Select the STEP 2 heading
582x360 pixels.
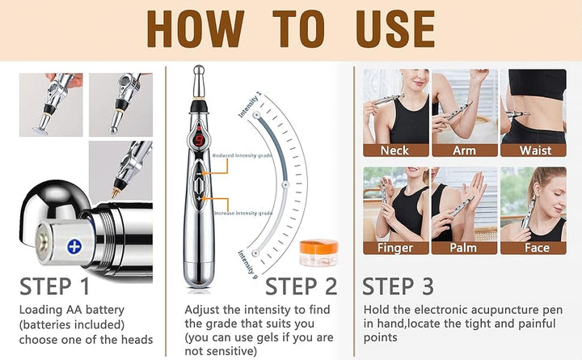click(302, 286)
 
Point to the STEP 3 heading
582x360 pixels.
click(398, 286)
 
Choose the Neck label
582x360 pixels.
click(395, 150)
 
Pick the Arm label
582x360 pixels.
click(463, 150)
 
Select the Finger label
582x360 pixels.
click(395, 248)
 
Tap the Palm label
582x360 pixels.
click(463, 248)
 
